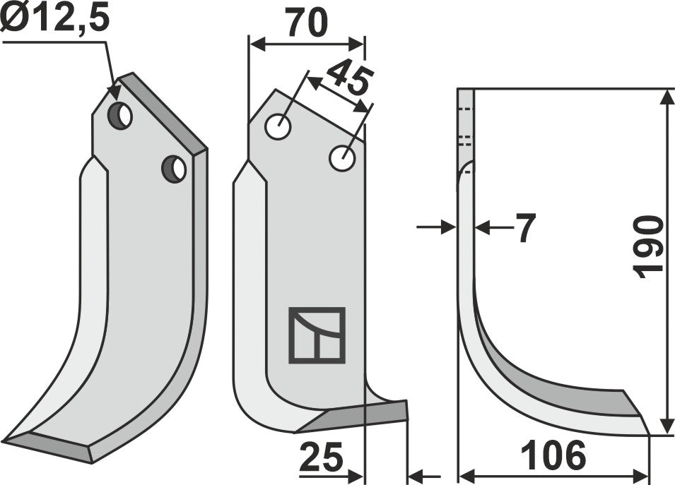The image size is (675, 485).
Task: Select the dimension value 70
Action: point(306,23)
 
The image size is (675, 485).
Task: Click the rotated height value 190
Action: point(647,248)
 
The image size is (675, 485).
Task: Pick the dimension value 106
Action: point(554,456)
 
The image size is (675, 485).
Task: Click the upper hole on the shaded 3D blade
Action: point(121,116)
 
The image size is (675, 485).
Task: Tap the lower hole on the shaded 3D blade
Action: point(174,169)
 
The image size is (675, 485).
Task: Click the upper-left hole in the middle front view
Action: point(278,127)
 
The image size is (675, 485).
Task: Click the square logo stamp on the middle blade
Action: point(317,335)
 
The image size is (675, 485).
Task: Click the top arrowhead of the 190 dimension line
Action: point(667,96)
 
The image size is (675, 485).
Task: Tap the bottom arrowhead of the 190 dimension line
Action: point(667,427)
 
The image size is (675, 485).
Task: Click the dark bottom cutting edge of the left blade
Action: point(49,448)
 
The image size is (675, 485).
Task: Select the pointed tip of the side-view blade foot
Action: point(647,432)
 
